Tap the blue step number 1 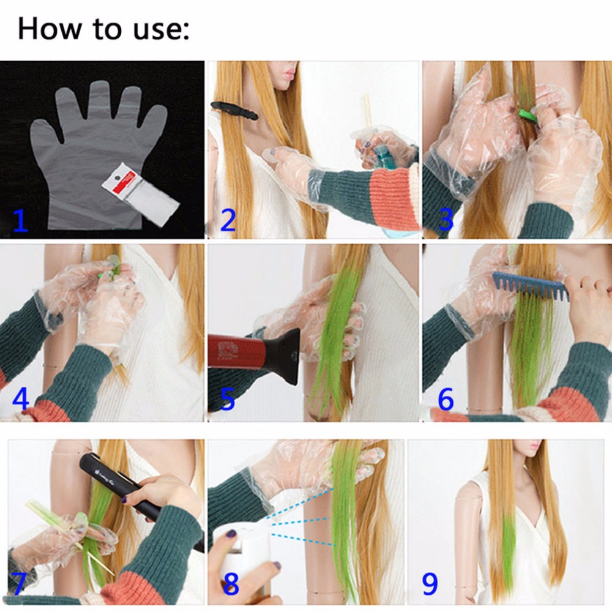coord(21,220)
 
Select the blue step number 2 coord(228,220)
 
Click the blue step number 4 coord(21,398)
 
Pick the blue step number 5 coord(228,399)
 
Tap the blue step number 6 coord(446,399)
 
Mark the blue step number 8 coord(231,584)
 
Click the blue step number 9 coord(430,584)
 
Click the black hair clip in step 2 coord(234,110)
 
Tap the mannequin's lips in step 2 coord(289,73)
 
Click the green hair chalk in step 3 coord(526,114)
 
